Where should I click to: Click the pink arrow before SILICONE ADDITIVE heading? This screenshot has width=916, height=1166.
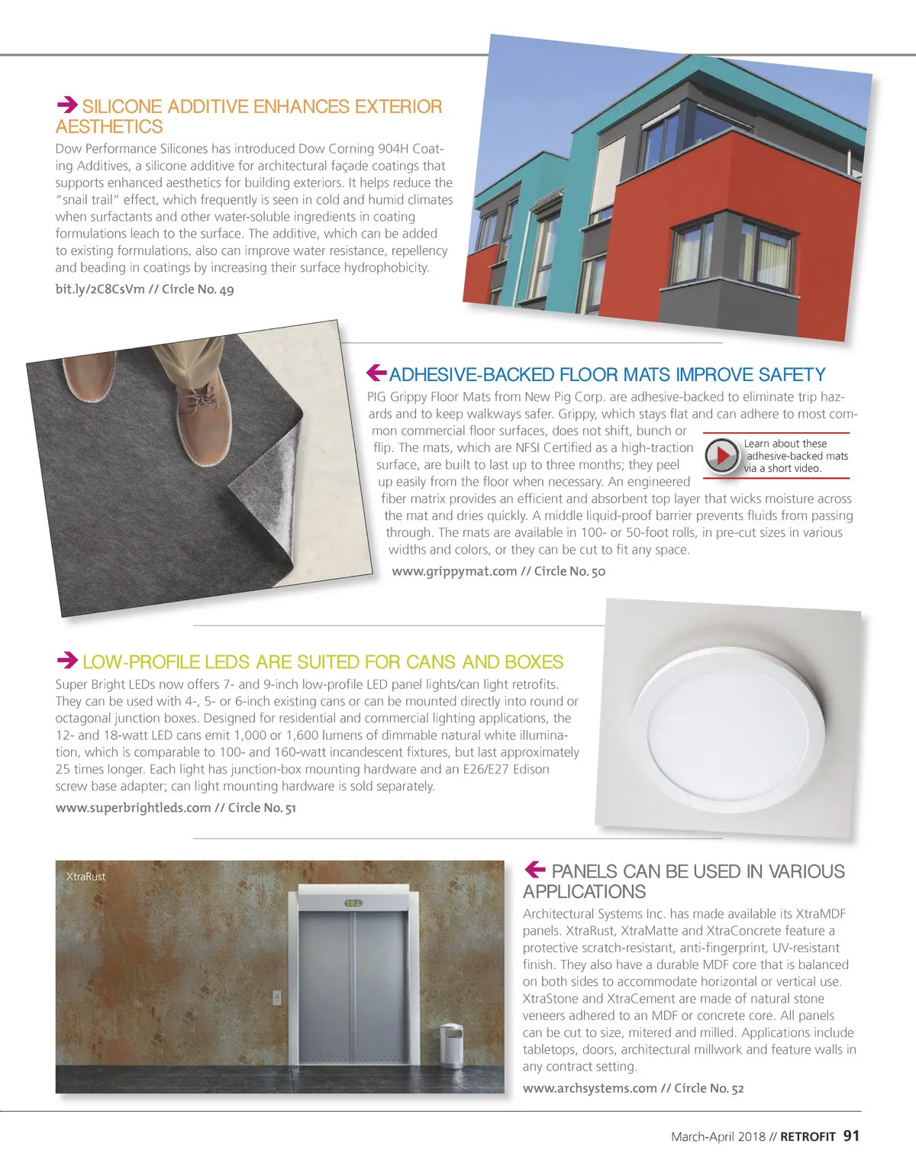(67, 105)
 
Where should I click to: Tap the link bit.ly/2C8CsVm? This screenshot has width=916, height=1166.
(100, 289)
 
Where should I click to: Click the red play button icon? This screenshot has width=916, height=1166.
(721, 456)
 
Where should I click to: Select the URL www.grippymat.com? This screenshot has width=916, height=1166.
(454, 571)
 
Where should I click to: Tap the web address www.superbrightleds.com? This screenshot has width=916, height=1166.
(133, 808)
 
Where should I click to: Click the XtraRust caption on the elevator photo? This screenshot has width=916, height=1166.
(85, 877)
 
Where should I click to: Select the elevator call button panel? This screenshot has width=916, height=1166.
(276, 998)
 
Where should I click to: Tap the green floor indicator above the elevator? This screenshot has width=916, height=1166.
(353, 903)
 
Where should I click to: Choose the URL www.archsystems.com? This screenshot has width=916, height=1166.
(589, 1088)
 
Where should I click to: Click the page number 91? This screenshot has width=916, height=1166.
(851, 1136)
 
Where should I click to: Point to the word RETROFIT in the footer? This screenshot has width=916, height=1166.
(808, 1137)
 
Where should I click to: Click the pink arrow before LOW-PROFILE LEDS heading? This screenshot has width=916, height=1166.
(67, 660)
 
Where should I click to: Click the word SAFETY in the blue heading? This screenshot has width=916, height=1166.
(792, 375)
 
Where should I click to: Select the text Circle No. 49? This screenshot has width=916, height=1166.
(198, 289)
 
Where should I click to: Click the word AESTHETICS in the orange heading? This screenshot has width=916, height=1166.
(109, 127)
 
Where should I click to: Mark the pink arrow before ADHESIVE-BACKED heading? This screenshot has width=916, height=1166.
(377, 373)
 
